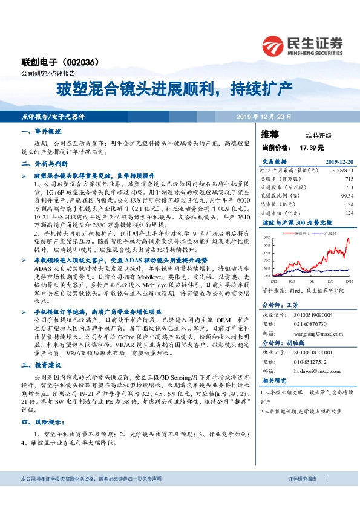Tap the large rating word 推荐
(x=270, y=134)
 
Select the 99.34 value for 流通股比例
(x=346, y=196)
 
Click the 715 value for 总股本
(x=349, y=179)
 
